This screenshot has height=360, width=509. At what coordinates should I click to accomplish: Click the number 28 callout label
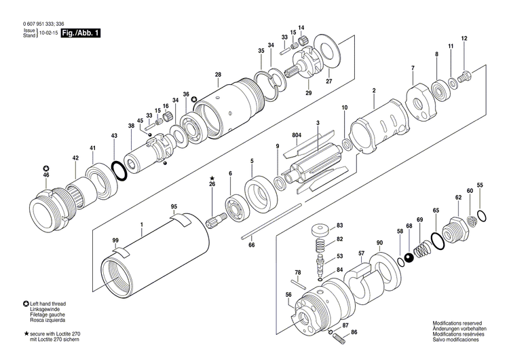point(218,75)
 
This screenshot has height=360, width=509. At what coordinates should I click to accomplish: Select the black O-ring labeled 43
point(119,169)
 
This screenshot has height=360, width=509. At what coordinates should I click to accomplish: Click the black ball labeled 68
point(409,257)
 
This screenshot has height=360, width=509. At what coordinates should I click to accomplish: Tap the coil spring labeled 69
point(423,249)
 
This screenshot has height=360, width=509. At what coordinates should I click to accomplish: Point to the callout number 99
point(115,240)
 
